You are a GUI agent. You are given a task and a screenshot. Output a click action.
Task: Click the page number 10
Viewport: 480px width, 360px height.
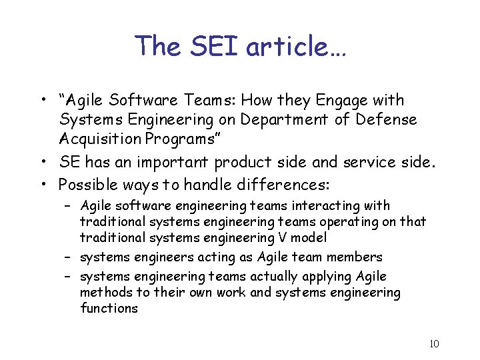tap(434, 344)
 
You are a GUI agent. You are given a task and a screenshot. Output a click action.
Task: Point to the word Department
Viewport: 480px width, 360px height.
tap(285, 119)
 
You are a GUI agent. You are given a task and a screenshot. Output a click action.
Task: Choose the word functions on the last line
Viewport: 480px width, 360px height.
tap(109, 308)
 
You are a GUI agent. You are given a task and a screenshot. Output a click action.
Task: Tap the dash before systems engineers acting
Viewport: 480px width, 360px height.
tap(69, 257)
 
